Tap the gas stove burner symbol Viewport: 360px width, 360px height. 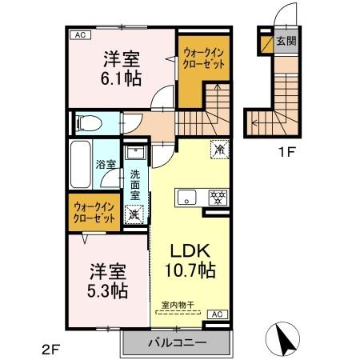click(x=215, y=198)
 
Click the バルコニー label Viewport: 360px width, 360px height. click(x=177, y=342)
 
